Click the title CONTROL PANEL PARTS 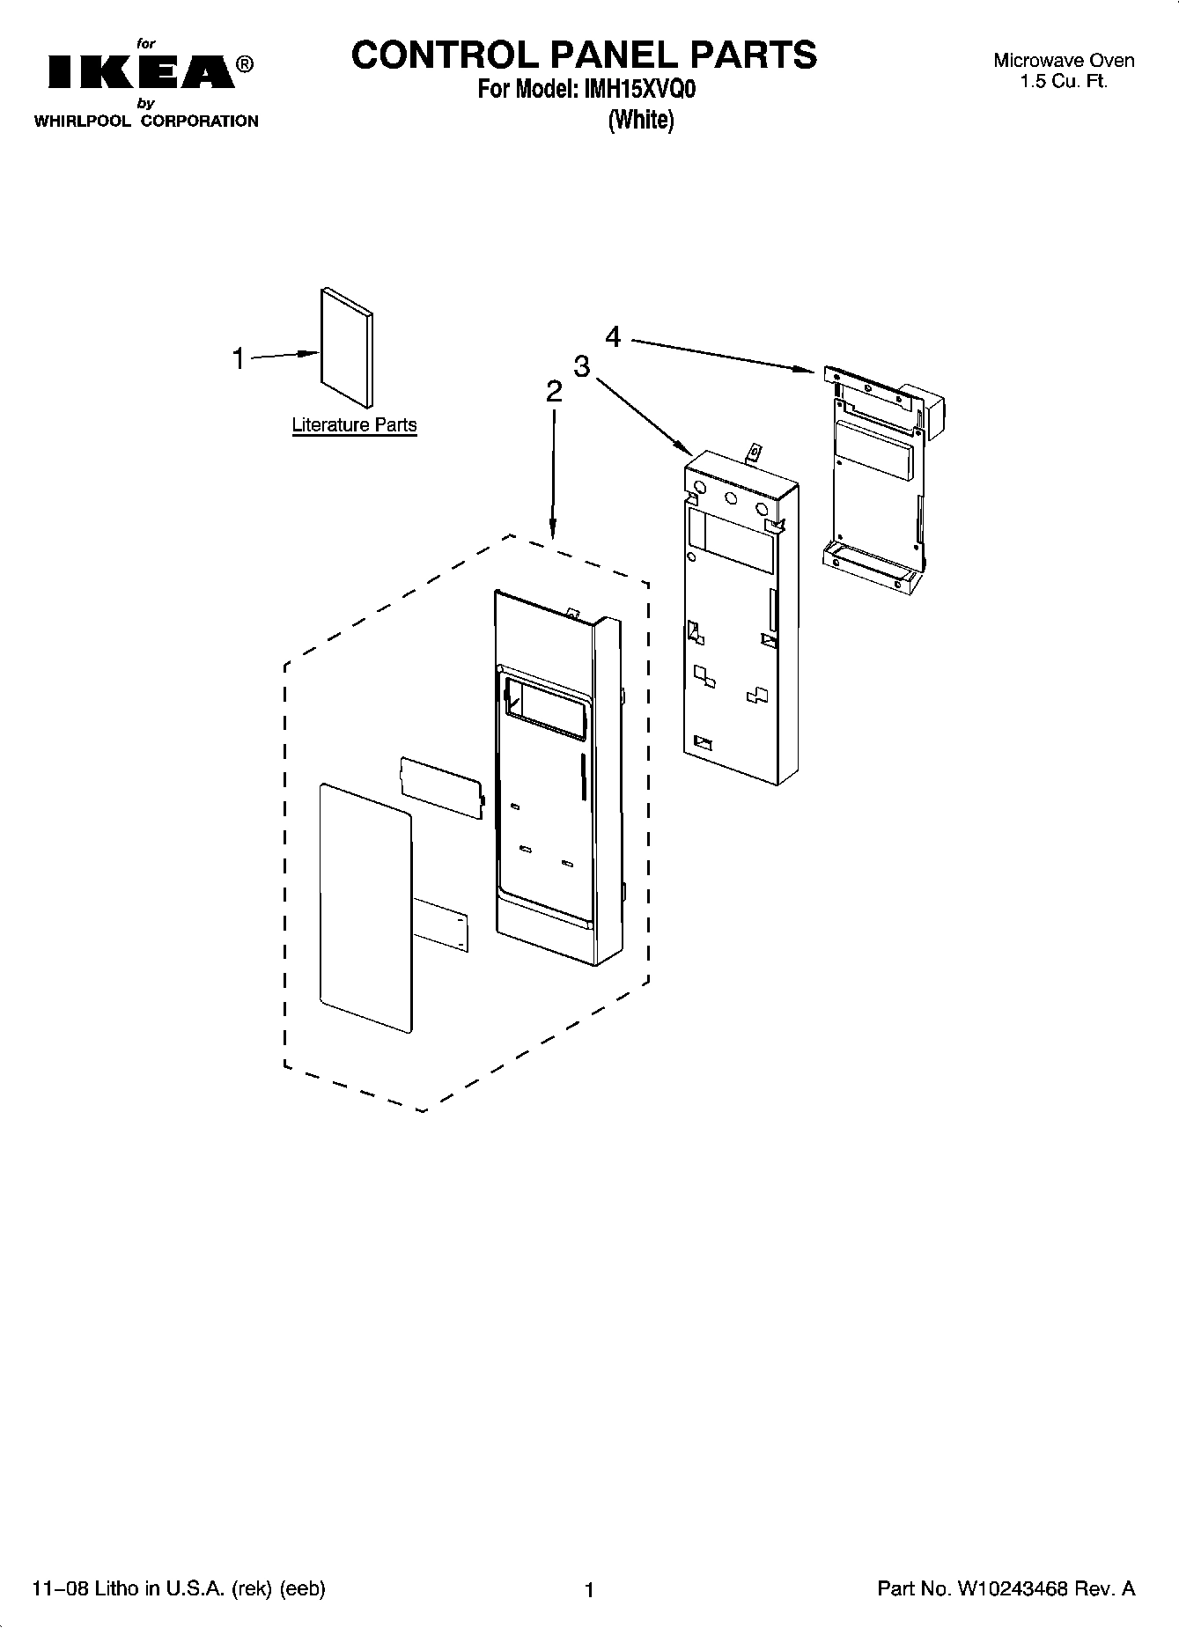coord(584,55)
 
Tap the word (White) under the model coord(640,120)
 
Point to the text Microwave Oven coord(1064,61)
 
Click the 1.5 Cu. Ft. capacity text coord(1064,82)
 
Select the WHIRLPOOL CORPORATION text coord(146,122)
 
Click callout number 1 coord(238,358)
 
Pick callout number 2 coord(553,391)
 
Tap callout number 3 coord(581,366)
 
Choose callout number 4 coord(613,336)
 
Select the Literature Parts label coord(354,425)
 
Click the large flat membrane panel coord(366,907)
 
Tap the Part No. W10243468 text coord(1006,1588)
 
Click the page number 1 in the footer coord(590,1589)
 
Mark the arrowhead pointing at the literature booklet coord(308,353)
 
